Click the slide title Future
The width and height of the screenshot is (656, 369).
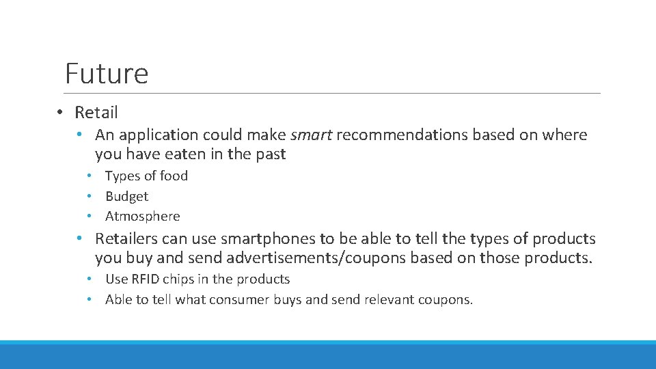106,73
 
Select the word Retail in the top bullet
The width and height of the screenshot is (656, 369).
96,112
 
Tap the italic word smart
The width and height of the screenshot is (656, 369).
311,135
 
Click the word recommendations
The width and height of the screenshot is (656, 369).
402,135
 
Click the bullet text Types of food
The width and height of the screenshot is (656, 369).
146,176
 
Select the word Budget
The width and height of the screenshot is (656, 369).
126,196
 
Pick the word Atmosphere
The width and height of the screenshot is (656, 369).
142,216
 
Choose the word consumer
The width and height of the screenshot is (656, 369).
238,299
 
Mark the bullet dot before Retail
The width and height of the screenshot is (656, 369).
61,112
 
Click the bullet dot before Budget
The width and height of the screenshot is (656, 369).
90,196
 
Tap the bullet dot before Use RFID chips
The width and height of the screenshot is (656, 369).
90,279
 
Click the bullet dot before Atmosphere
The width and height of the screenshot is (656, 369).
90,216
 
